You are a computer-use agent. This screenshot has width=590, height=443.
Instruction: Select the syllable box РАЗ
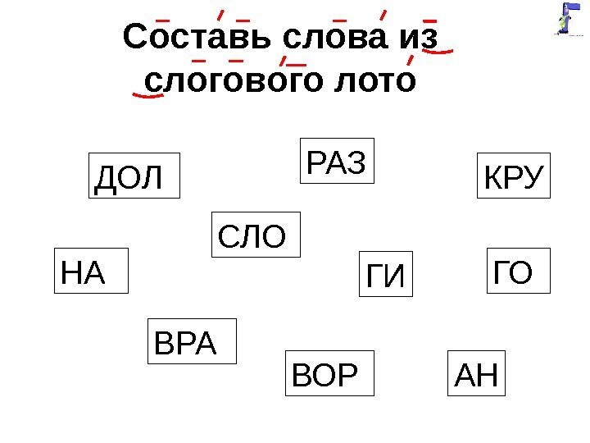pos(336,159)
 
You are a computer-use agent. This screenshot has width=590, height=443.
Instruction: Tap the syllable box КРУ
pos(515,176)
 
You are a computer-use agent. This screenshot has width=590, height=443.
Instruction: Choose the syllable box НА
pos(90,270)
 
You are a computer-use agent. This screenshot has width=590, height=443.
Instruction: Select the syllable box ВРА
pos(193,340)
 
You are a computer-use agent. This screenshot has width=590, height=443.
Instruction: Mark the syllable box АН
pos(477,373)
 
